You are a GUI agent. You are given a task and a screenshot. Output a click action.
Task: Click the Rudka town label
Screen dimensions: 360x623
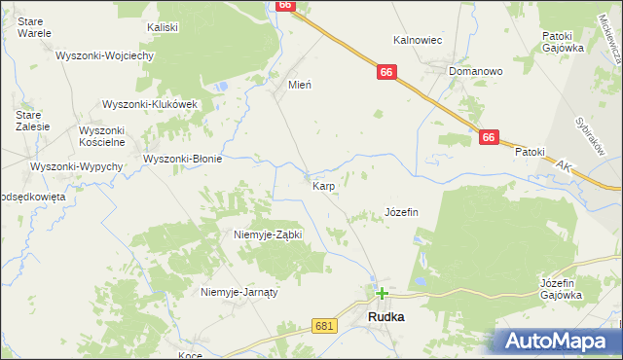(385, 317)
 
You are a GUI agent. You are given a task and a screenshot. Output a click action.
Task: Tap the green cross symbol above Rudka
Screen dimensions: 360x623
(382, 292)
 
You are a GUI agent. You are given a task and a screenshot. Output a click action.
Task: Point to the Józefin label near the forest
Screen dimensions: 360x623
(401, 212)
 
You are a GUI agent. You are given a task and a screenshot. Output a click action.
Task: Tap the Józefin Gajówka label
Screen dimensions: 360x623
(561, 289)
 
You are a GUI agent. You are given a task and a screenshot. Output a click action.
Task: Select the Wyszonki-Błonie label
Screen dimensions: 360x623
(183, 159)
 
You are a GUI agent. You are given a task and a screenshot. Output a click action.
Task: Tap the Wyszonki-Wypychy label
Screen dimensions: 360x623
(76, 166)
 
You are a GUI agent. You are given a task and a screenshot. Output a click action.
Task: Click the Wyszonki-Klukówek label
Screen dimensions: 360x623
(150, 104)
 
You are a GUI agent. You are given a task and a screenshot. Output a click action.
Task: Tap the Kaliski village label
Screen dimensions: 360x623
(162, 27)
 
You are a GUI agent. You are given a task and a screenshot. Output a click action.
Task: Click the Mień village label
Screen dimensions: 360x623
(299, 85)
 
